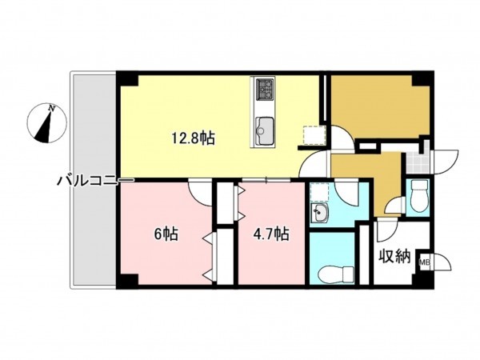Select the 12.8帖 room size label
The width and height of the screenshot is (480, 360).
click(x=192, y=138)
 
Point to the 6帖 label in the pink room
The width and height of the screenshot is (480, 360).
click(x=166, y=234)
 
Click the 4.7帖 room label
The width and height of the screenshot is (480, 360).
click(x=270, y=234)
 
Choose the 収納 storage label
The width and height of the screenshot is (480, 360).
click(x=394, y=257)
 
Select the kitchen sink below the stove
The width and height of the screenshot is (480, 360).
click(x=265, y=128)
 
